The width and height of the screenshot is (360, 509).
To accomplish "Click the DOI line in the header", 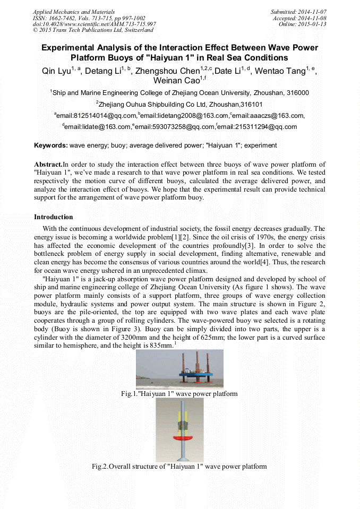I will [x=95, y=24].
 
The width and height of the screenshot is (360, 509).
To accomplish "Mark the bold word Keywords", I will [x=51, y=145].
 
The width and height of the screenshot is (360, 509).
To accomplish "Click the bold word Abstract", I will [x=48, y=165].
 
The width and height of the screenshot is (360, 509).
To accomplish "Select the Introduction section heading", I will [x=54, y=217].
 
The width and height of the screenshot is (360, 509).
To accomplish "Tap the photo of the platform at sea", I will [x=179, y=369].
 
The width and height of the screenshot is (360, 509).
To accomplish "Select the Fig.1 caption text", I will [x=179, y=394].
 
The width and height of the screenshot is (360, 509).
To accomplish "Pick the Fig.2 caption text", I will [x=179, y=467].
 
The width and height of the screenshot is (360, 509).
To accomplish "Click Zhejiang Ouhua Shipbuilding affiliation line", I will [x=179, y=105].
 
